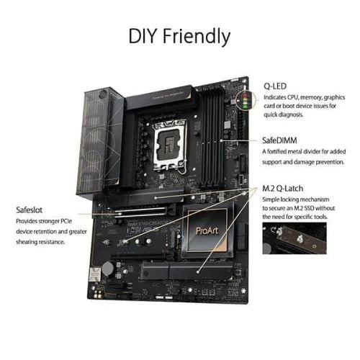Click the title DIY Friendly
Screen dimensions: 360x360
pos(179,35)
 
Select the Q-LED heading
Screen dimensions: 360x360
pos(274,85)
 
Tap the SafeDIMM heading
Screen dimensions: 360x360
pos(282,142)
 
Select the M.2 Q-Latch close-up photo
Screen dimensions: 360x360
pos(294,238)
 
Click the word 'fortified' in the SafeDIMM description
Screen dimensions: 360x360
pos(284,152)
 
